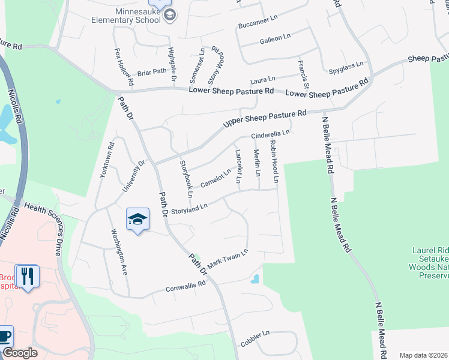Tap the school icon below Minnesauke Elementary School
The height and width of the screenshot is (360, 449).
[169, 15]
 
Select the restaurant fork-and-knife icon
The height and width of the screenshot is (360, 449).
[26, 276]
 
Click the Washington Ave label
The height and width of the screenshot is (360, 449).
[118, 251]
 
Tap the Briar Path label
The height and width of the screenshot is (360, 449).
[151, 71]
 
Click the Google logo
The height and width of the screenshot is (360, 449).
[20, 353]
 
